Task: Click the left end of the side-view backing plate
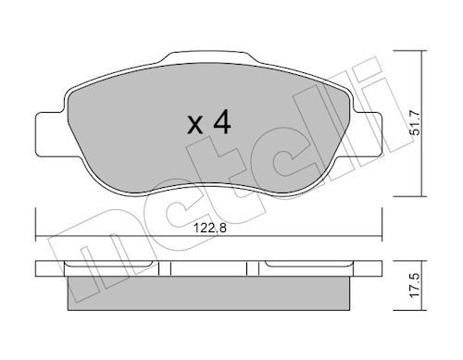coord(39,269)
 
